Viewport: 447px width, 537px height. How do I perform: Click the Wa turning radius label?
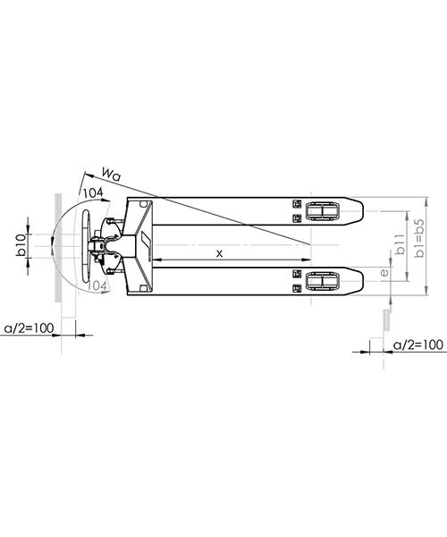[112, 174]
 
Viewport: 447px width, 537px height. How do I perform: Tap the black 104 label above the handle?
[93, 193]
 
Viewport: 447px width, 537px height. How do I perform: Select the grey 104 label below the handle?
[97, 286]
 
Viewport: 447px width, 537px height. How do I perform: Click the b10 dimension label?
[21, 244]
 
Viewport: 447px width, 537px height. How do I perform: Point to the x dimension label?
[220, 253]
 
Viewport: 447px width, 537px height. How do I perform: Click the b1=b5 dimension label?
[419, 238]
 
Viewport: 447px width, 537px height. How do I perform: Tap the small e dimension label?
[384, 273]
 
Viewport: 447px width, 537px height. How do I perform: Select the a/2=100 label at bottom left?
[29, 328]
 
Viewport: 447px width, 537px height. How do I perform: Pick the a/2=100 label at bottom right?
[418, 345]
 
